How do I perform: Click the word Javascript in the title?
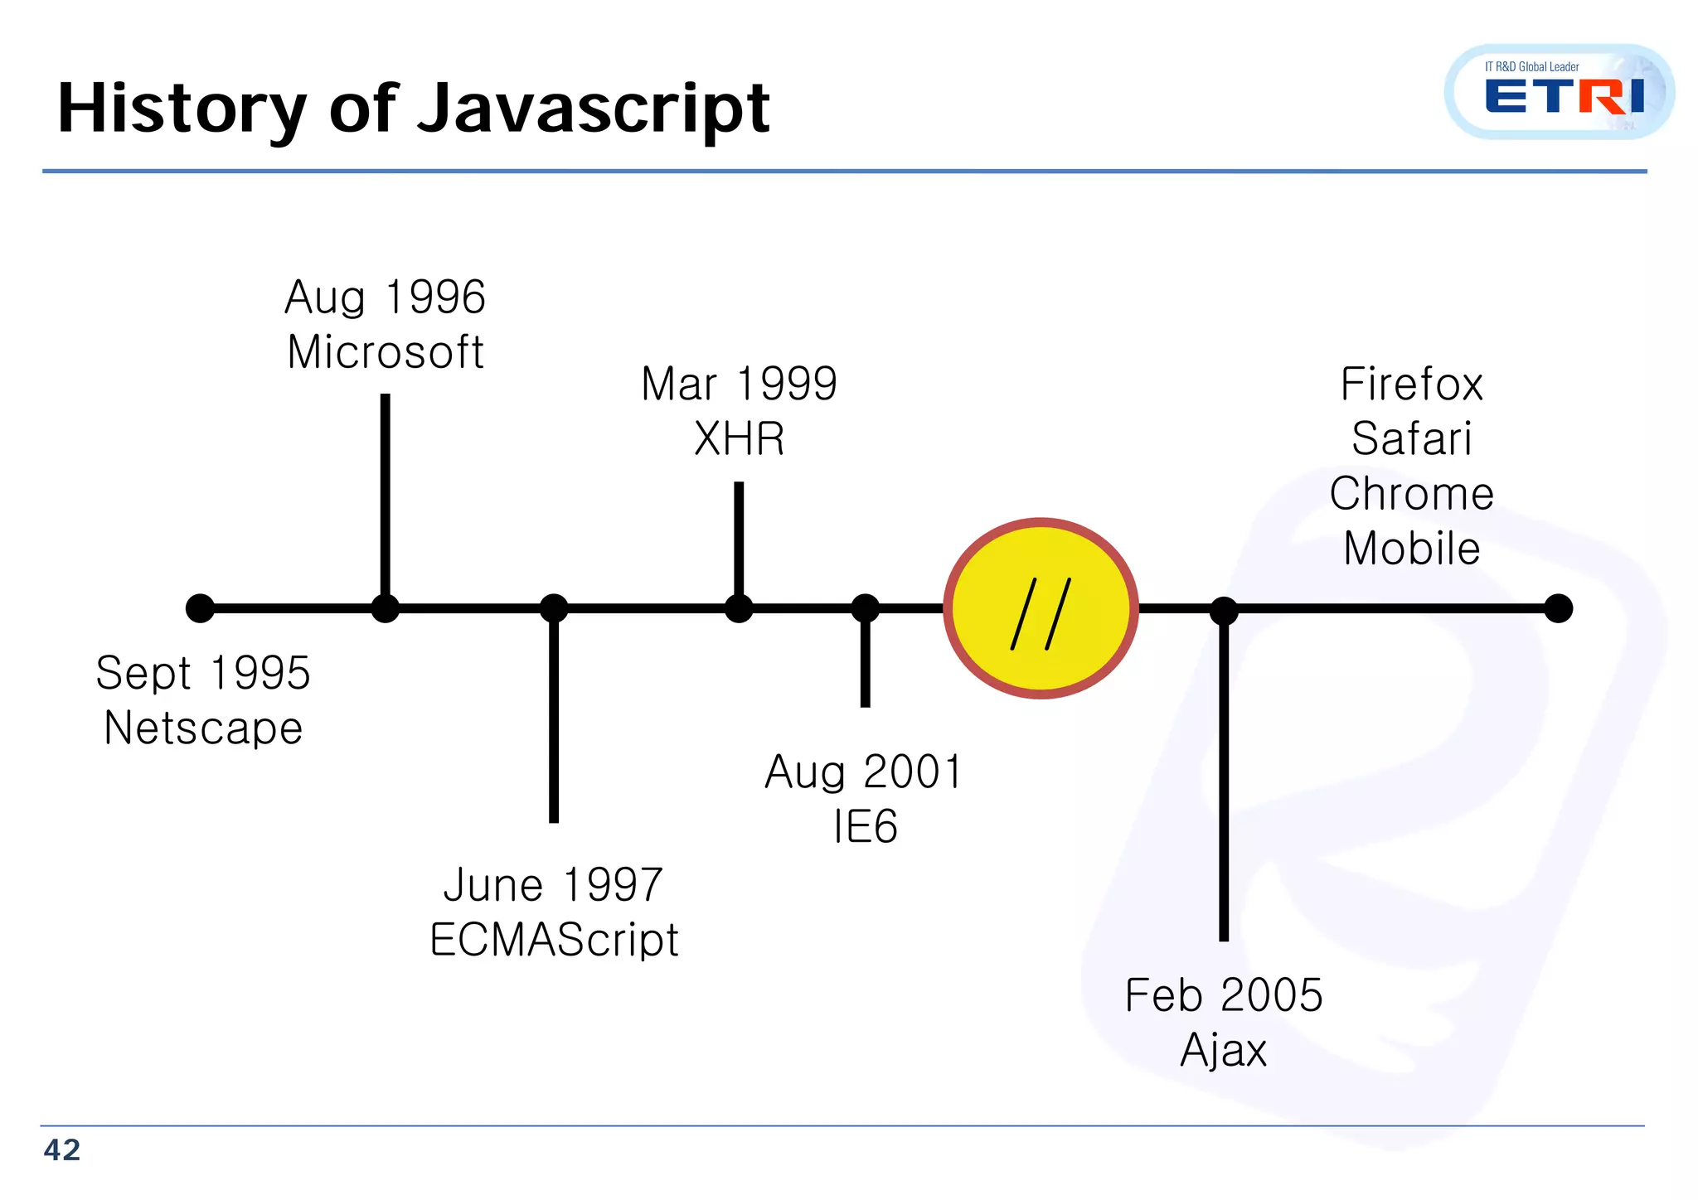[x=594, y=109]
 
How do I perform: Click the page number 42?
[x=62, y=1150]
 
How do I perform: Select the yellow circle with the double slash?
[x=1041, y=609]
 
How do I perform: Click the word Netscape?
[x=203, y=728]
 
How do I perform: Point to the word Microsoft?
[x=386, y=352]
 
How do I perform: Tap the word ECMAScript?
[x=554, y=940]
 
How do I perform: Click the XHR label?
[x=739, y=439]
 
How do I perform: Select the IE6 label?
[x=865, y=827]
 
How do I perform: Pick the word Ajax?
[x=1223, y=1051]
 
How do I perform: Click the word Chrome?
[x=1411, y=494]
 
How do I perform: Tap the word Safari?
[x=1411, y=438]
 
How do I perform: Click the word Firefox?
[x=1411, y=385]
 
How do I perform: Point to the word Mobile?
[x=1411, y=549]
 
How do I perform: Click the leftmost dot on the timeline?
[x=200, y=608]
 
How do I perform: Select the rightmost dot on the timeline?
[x=1559, y=608]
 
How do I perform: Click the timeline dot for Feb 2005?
[x=1224, y=611]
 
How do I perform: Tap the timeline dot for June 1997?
[x=554, y=608]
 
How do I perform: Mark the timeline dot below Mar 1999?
[x=739, y=608]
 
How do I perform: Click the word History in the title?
[x=182, y=109]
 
